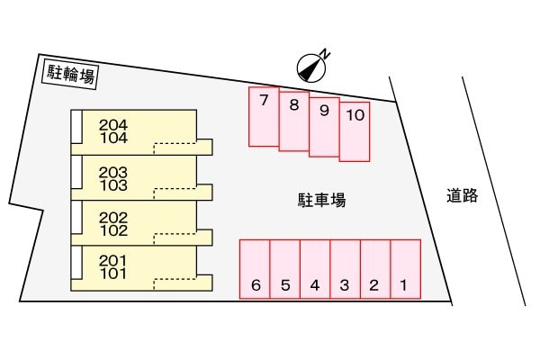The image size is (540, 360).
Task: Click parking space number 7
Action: (264, 116)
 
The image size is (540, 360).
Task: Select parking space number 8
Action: (293, 121)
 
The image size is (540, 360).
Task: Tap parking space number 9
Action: (324, 126)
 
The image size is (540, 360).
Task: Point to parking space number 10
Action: (355, 131)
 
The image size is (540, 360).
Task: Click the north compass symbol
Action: (310, 65)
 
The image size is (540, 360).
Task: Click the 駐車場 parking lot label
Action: (321, 201)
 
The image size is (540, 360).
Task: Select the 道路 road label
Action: (462, 195)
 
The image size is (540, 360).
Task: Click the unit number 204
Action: (113, 125)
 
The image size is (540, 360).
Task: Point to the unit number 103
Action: (113, 185)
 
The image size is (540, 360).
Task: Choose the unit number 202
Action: (113, 217)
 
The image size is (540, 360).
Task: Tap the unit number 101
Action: (113, 274)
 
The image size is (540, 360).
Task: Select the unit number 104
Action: (113, 139)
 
